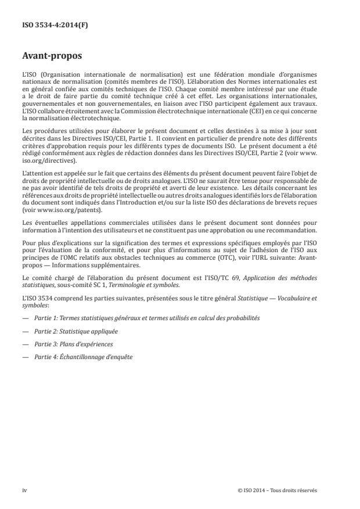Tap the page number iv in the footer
coord(24,490)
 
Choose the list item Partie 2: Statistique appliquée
coord(69,331)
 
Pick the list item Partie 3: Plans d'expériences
coord(67,343)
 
